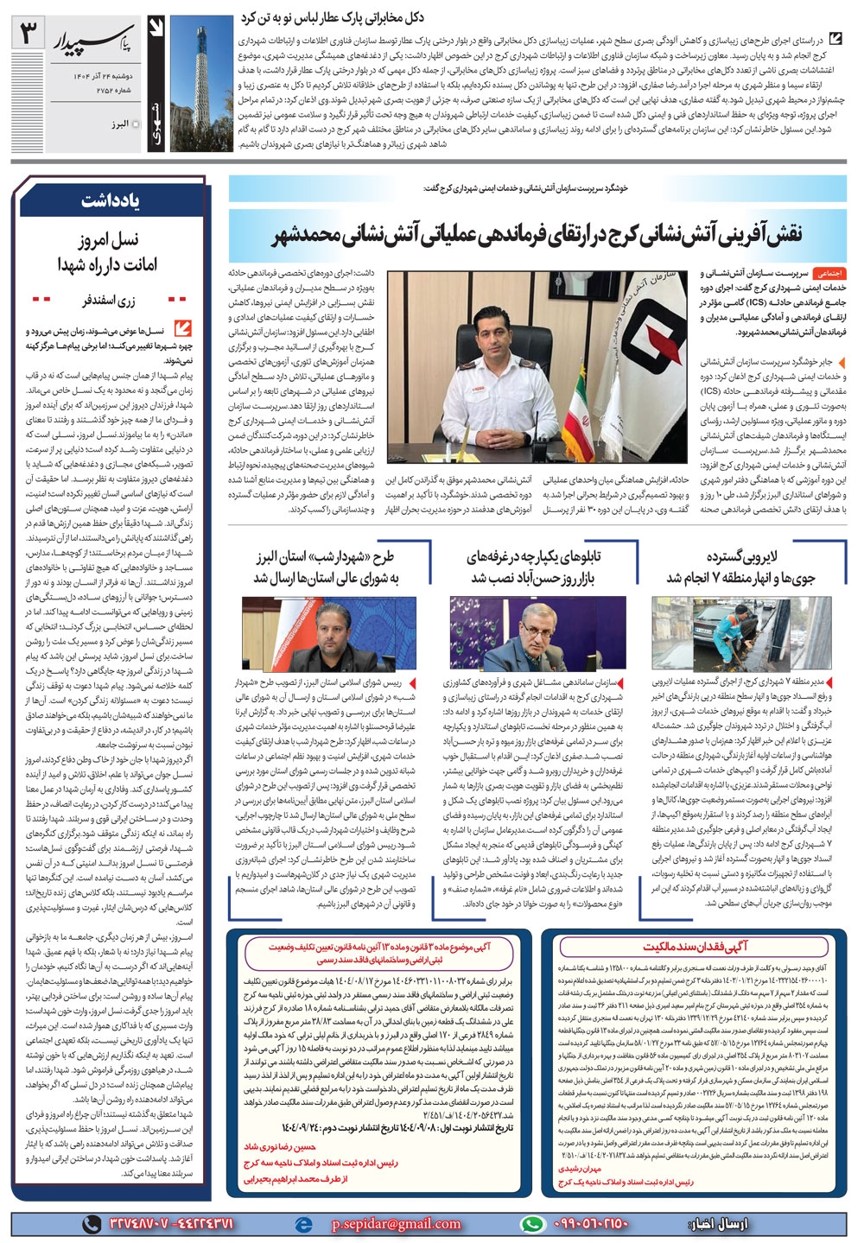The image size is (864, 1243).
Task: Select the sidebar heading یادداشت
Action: coord(111,201)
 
